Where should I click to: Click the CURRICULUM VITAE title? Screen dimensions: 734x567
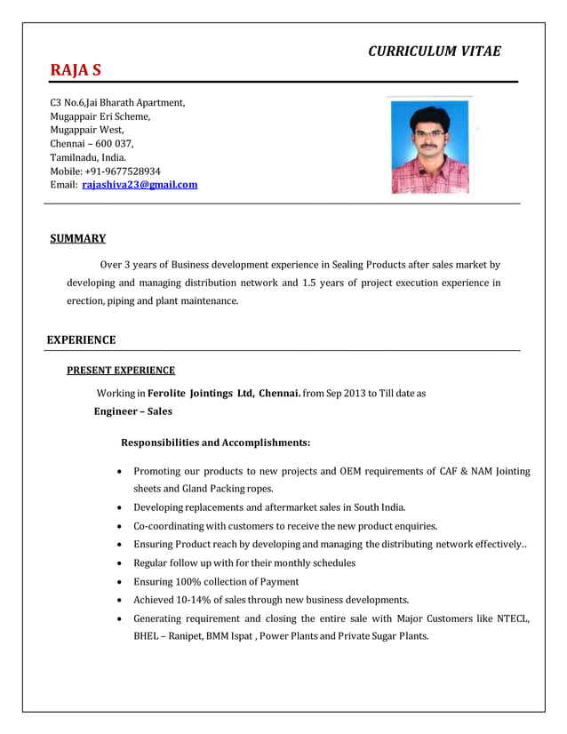click(x=434, y=51)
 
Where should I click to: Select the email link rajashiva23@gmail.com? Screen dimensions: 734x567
click(x=140, y=185)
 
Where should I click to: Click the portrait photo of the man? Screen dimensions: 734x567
click(x=430, y=146)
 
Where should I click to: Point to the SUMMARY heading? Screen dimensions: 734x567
click(x=77, y=238)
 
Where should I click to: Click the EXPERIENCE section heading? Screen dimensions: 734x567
click(x=81, y=339)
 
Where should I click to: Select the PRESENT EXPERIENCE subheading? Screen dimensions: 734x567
click(x=121, y=371)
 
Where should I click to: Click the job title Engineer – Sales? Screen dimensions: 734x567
click(x=133, y=411)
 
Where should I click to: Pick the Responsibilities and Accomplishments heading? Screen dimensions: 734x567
click(x=215, y=442)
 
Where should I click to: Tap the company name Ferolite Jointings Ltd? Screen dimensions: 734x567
click(x=201, y=393)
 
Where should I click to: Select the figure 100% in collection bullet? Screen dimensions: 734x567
click(x=196, y=581)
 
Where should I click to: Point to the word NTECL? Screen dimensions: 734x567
click(x=510, y=618)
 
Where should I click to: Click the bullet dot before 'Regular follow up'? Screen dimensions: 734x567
click(x=119, y=563)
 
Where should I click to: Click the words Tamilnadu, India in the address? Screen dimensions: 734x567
click(x=88, y=157)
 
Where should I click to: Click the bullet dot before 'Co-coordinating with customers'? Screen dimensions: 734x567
click(x=119, y=526)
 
